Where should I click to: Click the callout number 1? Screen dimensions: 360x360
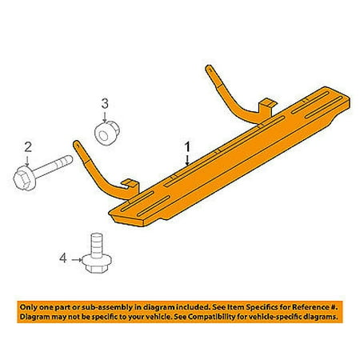[x=188, y=147]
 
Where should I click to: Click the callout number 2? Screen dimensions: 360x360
[x=26, y=146]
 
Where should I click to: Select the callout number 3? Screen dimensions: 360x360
[x=104, y=102]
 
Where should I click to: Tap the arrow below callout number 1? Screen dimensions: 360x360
[x=188, y=160]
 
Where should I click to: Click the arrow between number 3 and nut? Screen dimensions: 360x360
[x=104, y=115]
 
